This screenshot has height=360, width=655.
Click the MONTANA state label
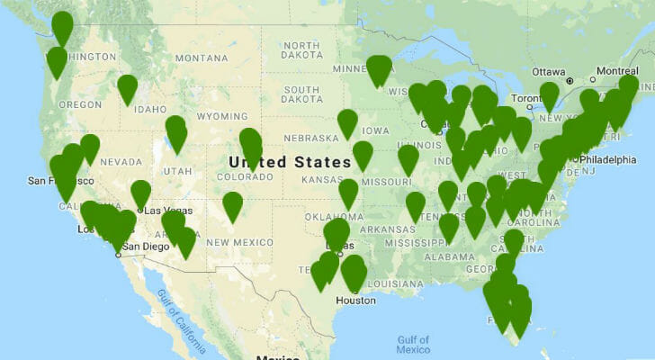point(202,58)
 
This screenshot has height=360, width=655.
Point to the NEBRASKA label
point(310,138)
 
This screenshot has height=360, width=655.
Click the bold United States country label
point(290,162)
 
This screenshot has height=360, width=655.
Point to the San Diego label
point(144,246)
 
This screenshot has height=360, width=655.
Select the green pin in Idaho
point(128,88)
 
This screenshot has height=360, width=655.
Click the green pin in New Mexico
point(233,205)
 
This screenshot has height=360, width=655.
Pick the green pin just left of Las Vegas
point(141,193)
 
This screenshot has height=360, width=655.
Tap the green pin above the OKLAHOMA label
point(348,192)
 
